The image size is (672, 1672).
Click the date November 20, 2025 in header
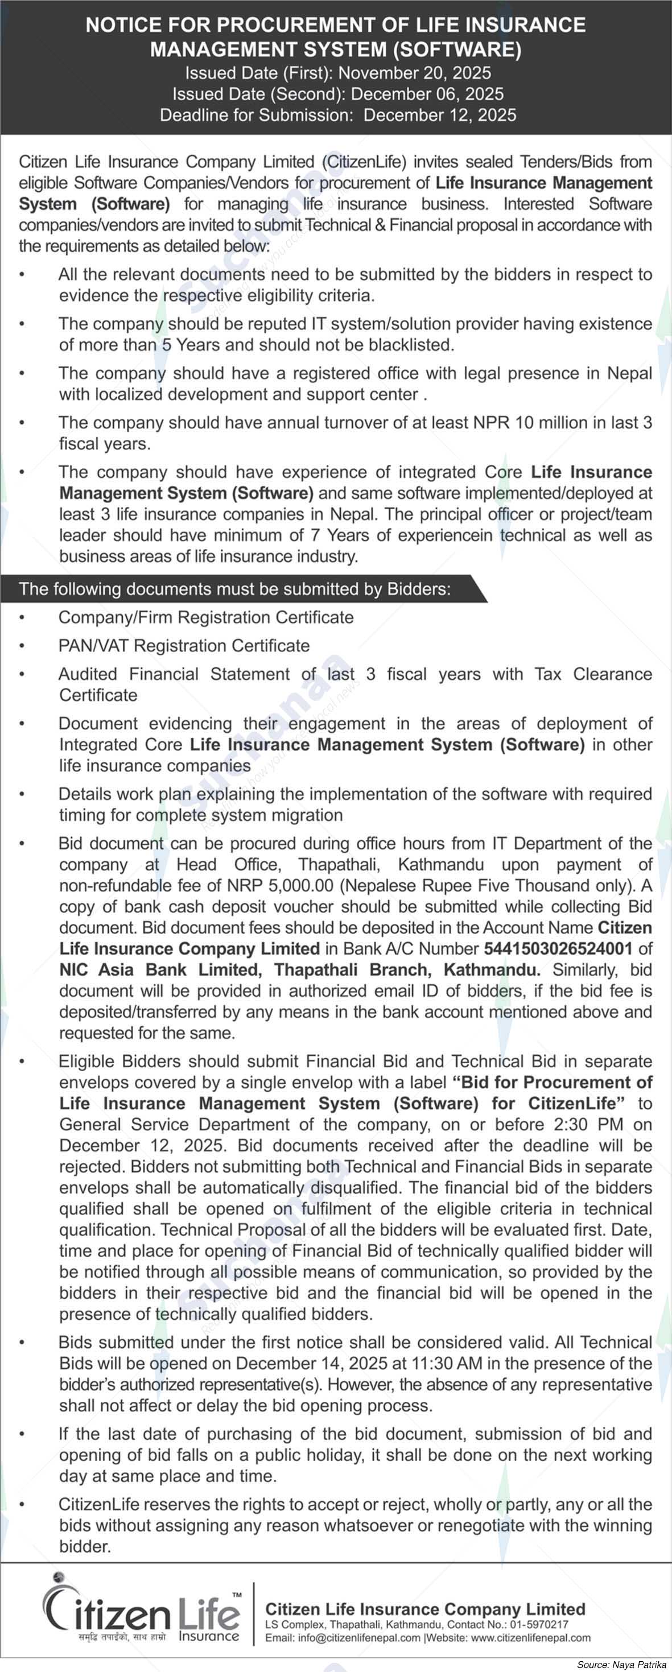point(414,73)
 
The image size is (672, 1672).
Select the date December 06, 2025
point(427,93)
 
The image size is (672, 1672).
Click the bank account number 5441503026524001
point(558,948)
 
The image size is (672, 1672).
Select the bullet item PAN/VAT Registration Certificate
point(184,645)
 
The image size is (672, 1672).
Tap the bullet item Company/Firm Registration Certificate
point(206,617)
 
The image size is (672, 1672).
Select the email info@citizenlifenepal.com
point(359,1638)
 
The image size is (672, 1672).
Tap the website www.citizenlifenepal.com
point(530,1638)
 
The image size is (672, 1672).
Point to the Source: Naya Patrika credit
point(621,1665)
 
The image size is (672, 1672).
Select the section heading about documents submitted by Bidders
point(234,589)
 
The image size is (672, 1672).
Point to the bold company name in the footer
point(425,1609)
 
